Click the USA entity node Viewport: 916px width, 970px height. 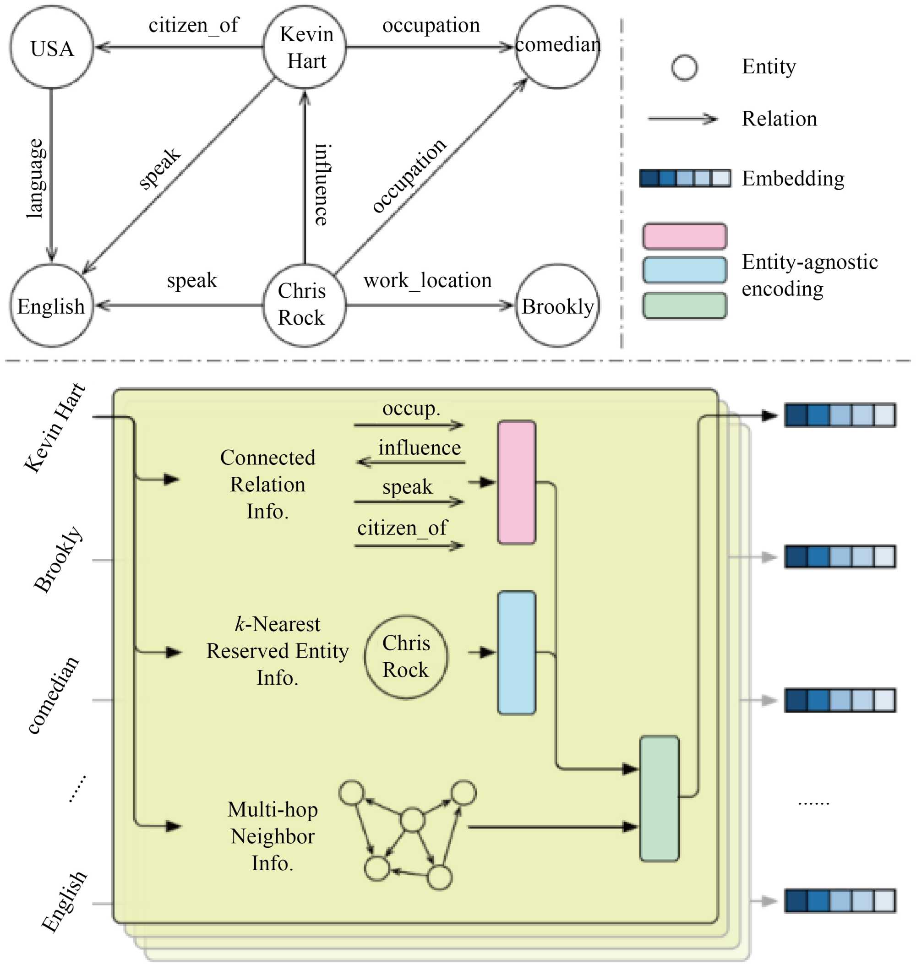[52, 48]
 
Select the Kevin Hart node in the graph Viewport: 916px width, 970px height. [305, 47]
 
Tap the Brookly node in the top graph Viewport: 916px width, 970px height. [557, 306]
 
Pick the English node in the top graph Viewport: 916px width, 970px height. [52, 306]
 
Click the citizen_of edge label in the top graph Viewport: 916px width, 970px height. [194, 25]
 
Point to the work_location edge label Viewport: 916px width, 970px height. [428, 281]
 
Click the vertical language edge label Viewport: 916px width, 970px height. [35, 178]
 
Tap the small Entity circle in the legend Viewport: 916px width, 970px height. [685, 67]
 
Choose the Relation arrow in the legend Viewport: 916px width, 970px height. [682, 119]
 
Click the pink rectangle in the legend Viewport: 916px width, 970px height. [685, 236]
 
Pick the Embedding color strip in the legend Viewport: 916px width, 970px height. [686, 178]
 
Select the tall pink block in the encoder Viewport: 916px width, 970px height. [517, 482]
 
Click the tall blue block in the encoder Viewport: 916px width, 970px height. [517, 653]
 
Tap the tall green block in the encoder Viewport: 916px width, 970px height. [660, 799]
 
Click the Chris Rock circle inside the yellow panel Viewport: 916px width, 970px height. [406, 657]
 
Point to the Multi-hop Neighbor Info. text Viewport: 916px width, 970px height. [273, 836]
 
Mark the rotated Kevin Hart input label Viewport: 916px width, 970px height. [55, 428]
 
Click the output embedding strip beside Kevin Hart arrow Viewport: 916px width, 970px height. [840, 415]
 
